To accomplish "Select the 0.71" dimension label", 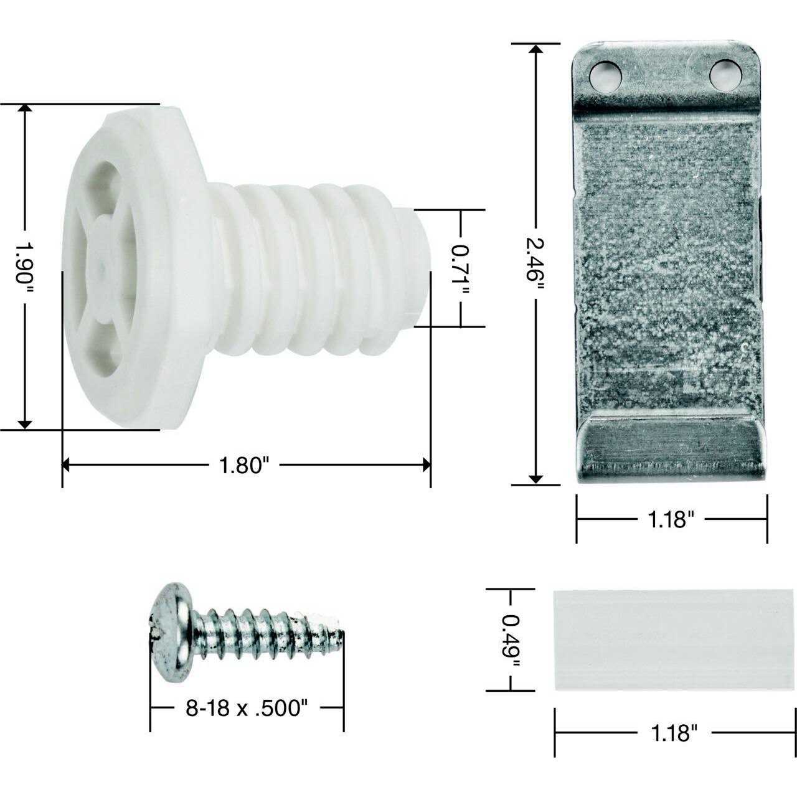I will point(461,268).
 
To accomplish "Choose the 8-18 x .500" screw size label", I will point(247,708).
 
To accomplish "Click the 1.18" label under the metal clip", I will point(670,519).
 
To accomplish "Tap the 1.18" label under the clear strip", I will point(674,733).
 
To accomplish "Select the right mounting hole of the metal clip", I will point(726,75).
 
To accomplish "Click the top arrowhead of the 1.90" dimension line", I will point(25,110).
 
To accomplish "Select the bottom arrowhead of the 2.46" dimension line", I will point(535,478).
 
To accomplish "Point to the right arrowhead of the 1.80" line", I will point(425,465).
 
